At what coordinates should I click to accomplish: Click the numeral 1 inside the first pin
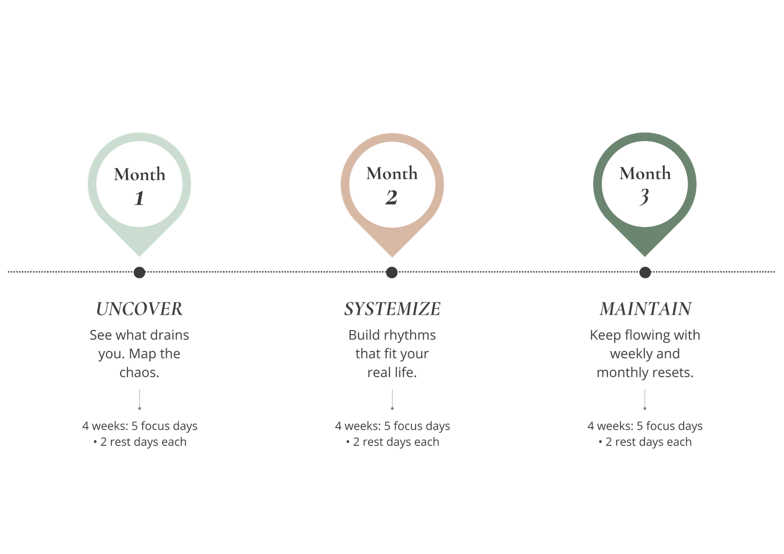[139, 198]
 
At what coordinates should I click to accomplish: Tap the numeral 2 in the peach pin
[391, 197]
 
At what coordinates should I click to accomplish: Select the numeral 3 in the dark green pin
[644, 197]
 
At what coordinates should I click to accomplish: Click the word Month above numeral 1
[140, 174]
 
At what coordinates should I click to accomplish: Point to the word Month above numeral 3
[645, 173]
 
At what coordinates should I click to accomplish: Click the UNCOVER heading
[139, 309]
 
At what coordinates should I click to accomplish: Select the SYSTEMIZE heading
[392, 309]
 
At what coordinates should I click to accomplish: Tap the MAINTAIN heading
[645, 309]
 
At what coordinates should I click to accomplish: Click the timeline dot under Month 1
[139, 272]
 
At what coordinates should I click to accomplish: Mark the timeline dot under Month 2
[392, 272]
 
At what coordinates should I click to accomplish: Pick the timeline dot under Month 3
[645, 272]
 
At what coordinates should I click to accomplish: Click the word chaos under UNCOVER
[139, 373]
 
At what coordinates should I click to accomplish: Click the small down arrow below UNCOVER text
[139, 401]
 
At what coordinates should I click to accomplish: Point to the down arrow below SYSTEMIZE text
[392, 401]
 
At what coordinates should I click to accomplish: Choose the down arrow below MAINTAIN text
[645, 401]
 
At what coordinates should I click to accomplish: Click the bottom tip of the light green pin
[139, 256]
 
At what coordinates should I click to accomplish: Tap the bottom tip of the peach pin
[392, 256]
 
